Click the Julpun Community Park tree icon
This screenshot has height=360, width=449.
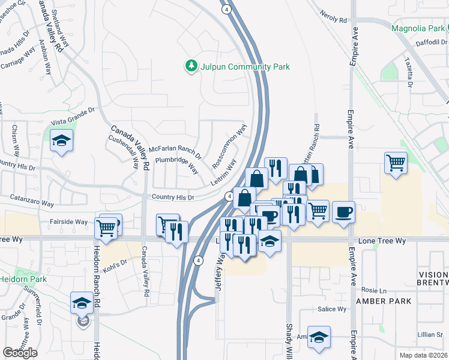191,65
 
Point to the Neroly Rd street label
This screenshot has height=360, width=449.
334,16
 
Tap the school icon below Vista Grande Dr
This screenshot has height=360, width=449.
61,141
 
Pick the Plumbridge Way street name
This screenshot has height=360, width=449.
176,165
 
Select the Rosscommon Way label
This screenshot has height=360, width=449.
229,146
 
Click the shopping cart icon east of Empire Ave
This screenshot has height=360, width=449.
396,162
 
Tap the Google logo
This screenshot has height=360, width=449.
20,353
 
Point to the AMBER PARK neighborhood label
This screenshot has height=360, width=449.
385,301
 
